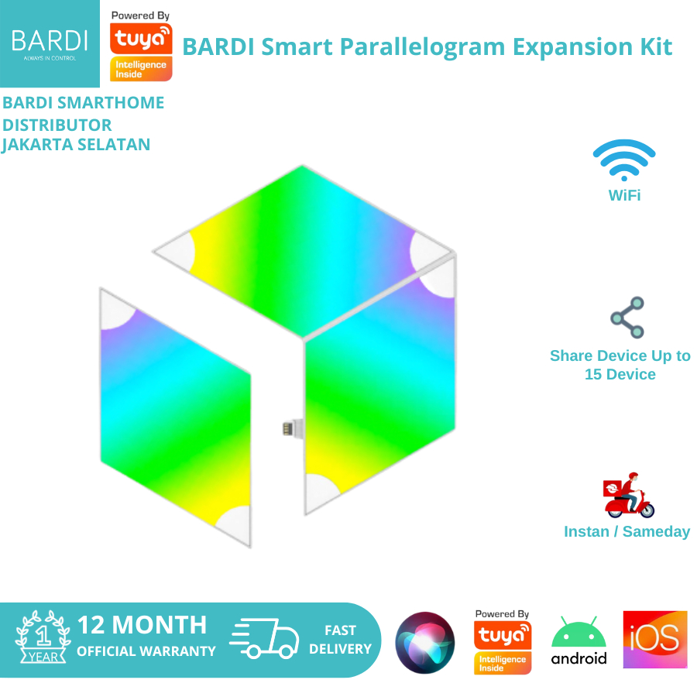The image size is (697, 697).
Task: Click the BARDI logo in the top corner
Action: click(50, 43)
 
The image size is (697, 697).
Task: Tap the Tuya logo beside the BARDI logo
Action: click(141, 46)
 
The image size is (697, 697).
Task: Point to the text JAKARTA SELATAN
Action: click(76, 145)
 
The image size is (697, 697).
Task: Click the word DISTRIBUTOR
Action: click(57, 125)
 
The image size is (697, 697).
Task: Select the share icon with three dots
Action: click(627, 318)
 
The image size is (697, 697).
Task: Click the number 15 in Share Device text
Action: click(595, 375)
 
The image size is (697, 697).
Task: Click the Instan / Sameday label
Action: click(627, 532)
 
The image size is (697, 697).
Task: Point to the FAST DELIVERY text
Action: click(340, 640)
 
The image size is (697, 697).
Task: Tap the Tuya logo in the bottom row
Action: click(503, 642)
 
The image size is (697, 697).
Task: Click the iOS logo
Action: click(654, 640)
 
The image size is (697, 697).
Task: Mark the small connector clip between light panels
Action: click(289, 427)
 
